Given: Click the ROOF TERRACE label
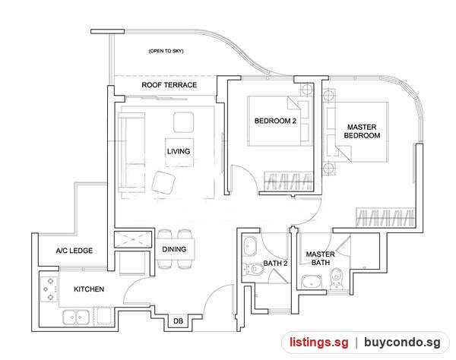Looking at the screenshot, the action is (x=169, y=85).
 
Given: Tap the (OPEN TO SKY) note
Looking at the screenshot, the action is (x=166, y=51).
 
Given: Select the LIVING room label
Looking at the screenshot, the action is (x=179, y=151).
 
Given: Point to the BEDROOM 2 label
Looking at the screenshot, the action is (x=275, y=121).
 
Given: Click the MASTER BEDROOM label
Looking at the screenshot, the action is (x=362, y=131).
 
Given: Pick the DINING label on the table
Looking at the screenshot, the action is (x=174, y=249).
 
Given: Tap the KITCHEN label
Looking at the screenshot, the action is (x=89, y=289).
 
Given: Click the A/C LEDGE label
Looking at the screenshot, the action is (x=74, y=251).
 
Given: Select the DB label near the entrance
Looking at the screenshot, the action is (x=179, y=321).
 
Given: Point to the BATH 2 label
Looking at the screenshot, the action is (x=275, y=264).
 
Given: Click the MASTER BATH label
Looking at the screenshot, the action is (x=321, y=258).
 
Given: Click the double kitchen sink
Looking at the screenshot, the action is (x=76, y=317).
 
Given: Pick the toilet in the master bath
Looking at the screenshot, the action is (x=336, y=279).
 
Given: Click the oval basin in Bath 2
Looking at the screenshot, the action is (x=249, y=246).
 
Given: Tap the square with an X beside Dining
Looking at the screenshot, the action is (x=133, y=240).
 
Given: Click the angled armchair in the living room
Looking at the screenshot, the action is (x=163, y=182).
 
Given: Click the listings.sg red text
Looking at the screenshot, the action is (x=318, y=343).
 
